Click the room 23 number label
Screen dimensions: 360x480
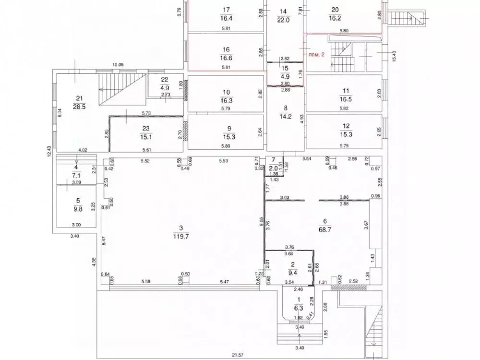(x=146, y=128)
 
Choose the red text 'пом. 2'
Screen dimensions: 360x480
(x=316, y=55)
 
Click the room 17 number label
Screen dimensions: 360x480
(x=227, y=10)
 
